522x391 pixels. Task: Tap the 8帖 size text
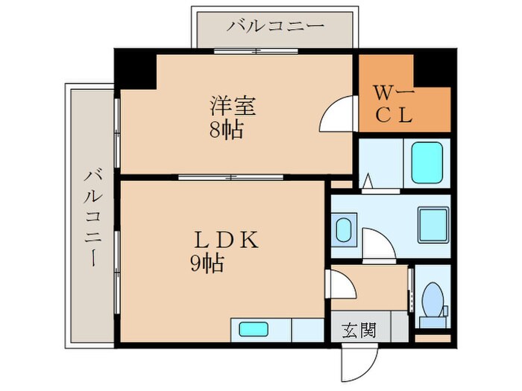pyautogui.click(x=225, y=131)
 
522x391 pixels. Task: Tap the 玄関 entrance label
pyautogui.click(x=359, y=328)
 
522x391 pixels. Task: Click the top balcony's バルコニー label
pyautogui.click(x=276, y=25)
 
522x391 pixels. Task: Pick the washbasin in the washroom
pyautogui.click(x=344, y=230)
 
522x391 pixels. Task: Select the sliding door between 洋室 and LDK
pyautogui.click(x=231, y=177)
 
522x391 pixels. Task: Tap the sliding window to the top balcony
pyautogui.click(x=257, y=51)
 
